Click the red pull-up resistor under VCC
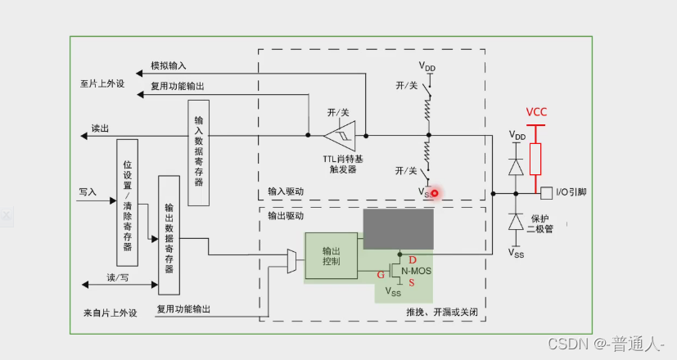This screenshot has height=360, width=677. (x=535, y=158)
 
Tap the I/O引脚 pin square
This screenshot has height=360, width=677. (x=546, y=193)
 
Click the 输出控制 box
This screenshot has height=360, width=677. (x=331, y=254)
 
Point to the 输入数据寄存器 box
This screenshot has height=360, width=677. (x=198, y=152)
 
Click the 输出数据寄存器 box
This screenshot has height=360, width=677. (x=169, y=234)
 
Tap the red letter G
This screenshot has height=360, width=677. (x=380, y=275)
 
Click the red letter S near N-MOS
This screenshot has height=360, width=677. (x=413, y=282)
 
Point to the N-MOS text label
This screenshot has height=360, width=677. (x=415, y=271)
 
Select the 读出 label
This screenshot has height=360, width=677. (x=100, y=128)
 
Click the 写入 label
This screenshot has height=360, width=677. (x=88, y=191)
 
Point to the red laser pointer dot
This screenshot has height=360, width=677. (x=436, y=194)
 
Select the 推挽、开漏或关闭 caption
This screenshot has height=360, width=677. (x=441, y=313)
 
